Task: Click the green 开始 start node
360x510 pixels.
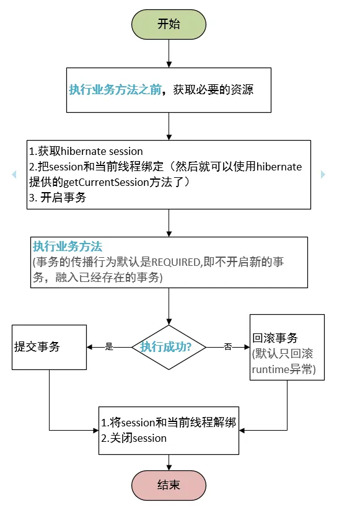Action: (169, 24)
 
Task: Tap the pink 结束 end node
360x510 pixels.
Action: (169, 485)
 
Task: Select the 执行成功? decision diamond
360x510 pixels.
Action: (169, 347)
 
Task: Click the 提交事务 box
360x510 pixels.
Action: (49, 347)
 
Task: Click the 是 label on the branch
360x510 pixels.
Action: (109, 347)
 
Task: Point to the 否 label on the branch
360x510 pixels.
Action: (227, 347)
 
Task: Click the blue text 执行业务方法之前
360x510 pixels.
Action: (115, 90)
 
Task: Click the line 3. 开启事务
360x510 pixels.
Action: (57, 198)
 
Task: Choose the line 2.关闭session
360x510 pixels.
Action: (134, 438)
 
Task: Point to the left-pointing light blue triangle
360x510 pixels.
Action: (14, 175)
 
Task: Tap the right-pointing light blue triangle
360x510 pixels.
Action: (323, 175)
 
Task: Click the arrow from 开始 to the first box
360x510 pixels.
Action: (169, 53)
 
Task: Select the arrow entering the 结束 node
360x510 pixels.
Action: (169, 462)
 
